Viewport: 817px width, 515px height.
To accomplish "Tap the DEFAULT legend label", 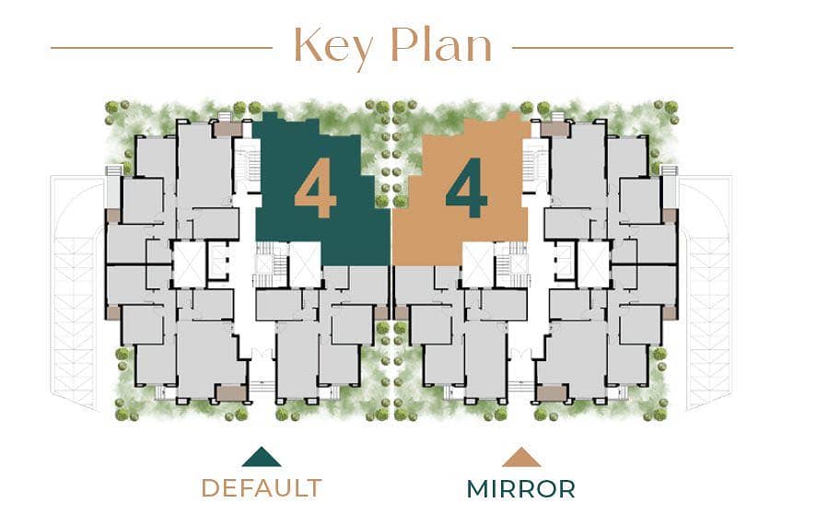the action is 262,488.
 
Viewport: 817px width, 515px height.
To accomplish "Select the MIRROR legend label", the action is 521,489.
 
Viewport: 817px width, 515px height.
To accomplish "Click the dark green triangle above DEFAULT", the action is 261,457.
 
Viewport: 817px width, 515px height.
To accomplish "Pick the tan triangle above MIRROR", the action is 521,457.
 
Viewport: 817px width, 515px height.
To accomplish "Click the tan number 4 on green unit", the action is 315,188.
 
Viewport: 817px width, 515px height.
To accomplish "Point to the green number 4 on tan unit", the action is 466,188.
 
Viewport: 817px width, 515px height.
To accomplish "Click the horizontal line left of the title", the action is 161,48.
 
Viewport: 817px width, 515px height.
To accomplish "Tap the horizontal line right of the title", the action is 623,48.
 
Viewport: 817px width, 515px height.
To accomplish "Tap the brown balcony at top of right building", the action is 554,130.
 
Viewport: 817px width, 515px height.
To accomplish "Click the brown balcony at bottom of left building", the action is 231,393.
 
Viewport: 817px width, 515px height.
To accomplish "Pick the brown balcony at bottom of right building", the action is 552,393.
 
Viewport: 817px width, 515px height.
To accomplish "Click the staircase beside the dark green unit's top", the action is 248,165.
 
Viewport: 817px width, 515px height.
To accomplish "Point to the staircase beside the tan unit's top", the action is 535,165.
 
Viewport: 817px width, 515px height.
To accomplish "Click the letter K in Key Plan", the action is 308,45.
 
